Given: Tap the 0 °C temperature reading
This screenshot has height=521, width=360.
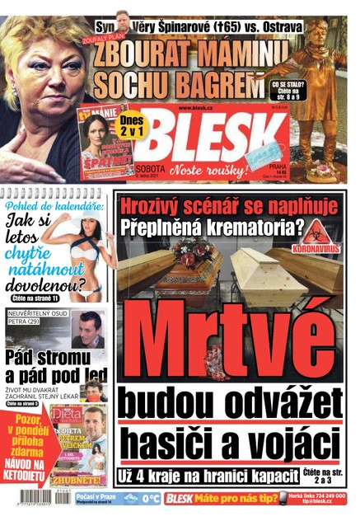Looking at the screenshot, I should pyautogui.click(x=150, y=499).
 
